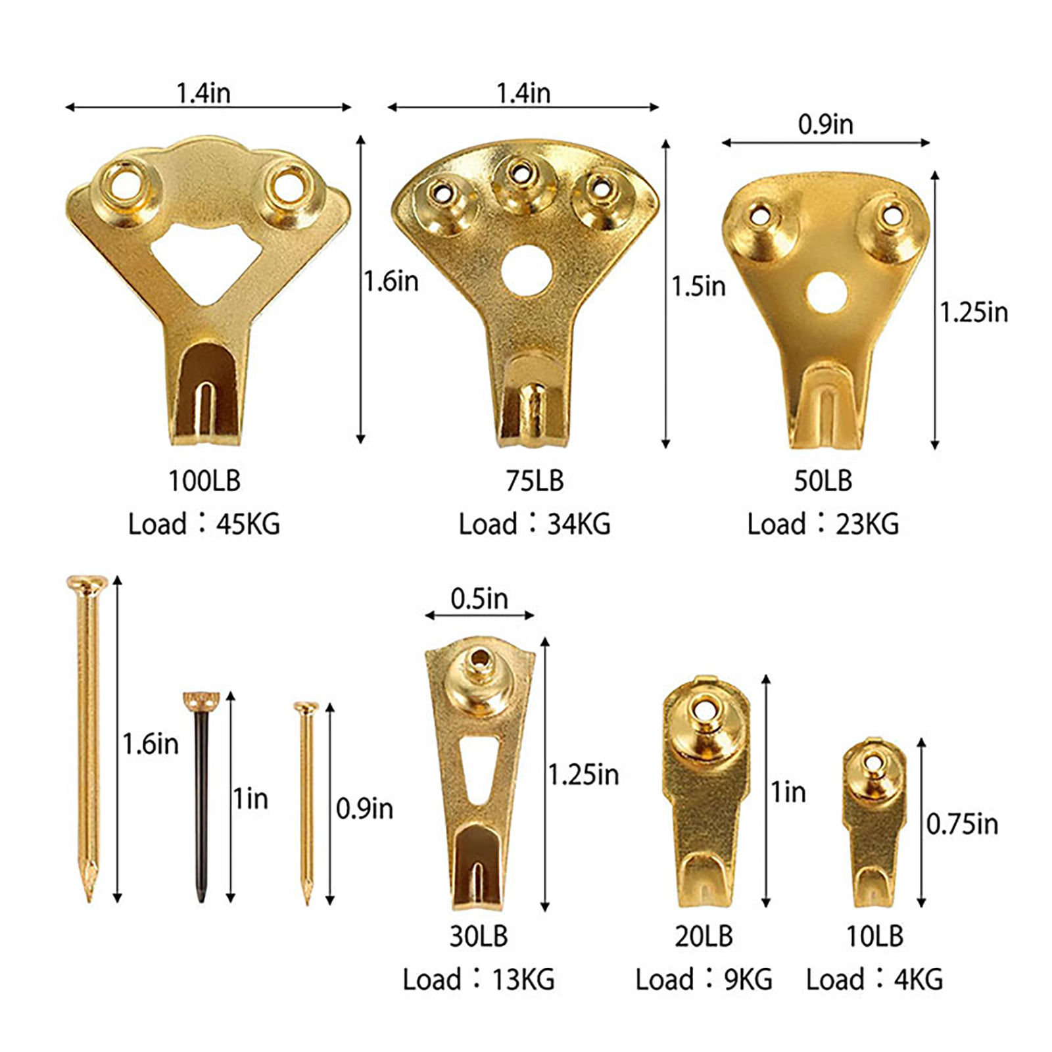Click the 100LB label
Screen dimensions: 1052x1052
(x=204, y=481)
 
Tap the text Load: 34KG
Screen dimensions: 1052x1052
(x=535, y=524)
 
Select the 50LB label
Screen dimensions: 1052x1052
(x=823, y=481)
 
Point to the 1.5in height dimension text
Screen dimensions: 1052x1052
(x=698, y=287)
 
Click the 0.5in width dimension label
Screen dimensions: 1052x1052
(x=479, y=598)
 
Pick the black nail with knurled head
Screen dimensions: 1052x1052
(x=201, y=796)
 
